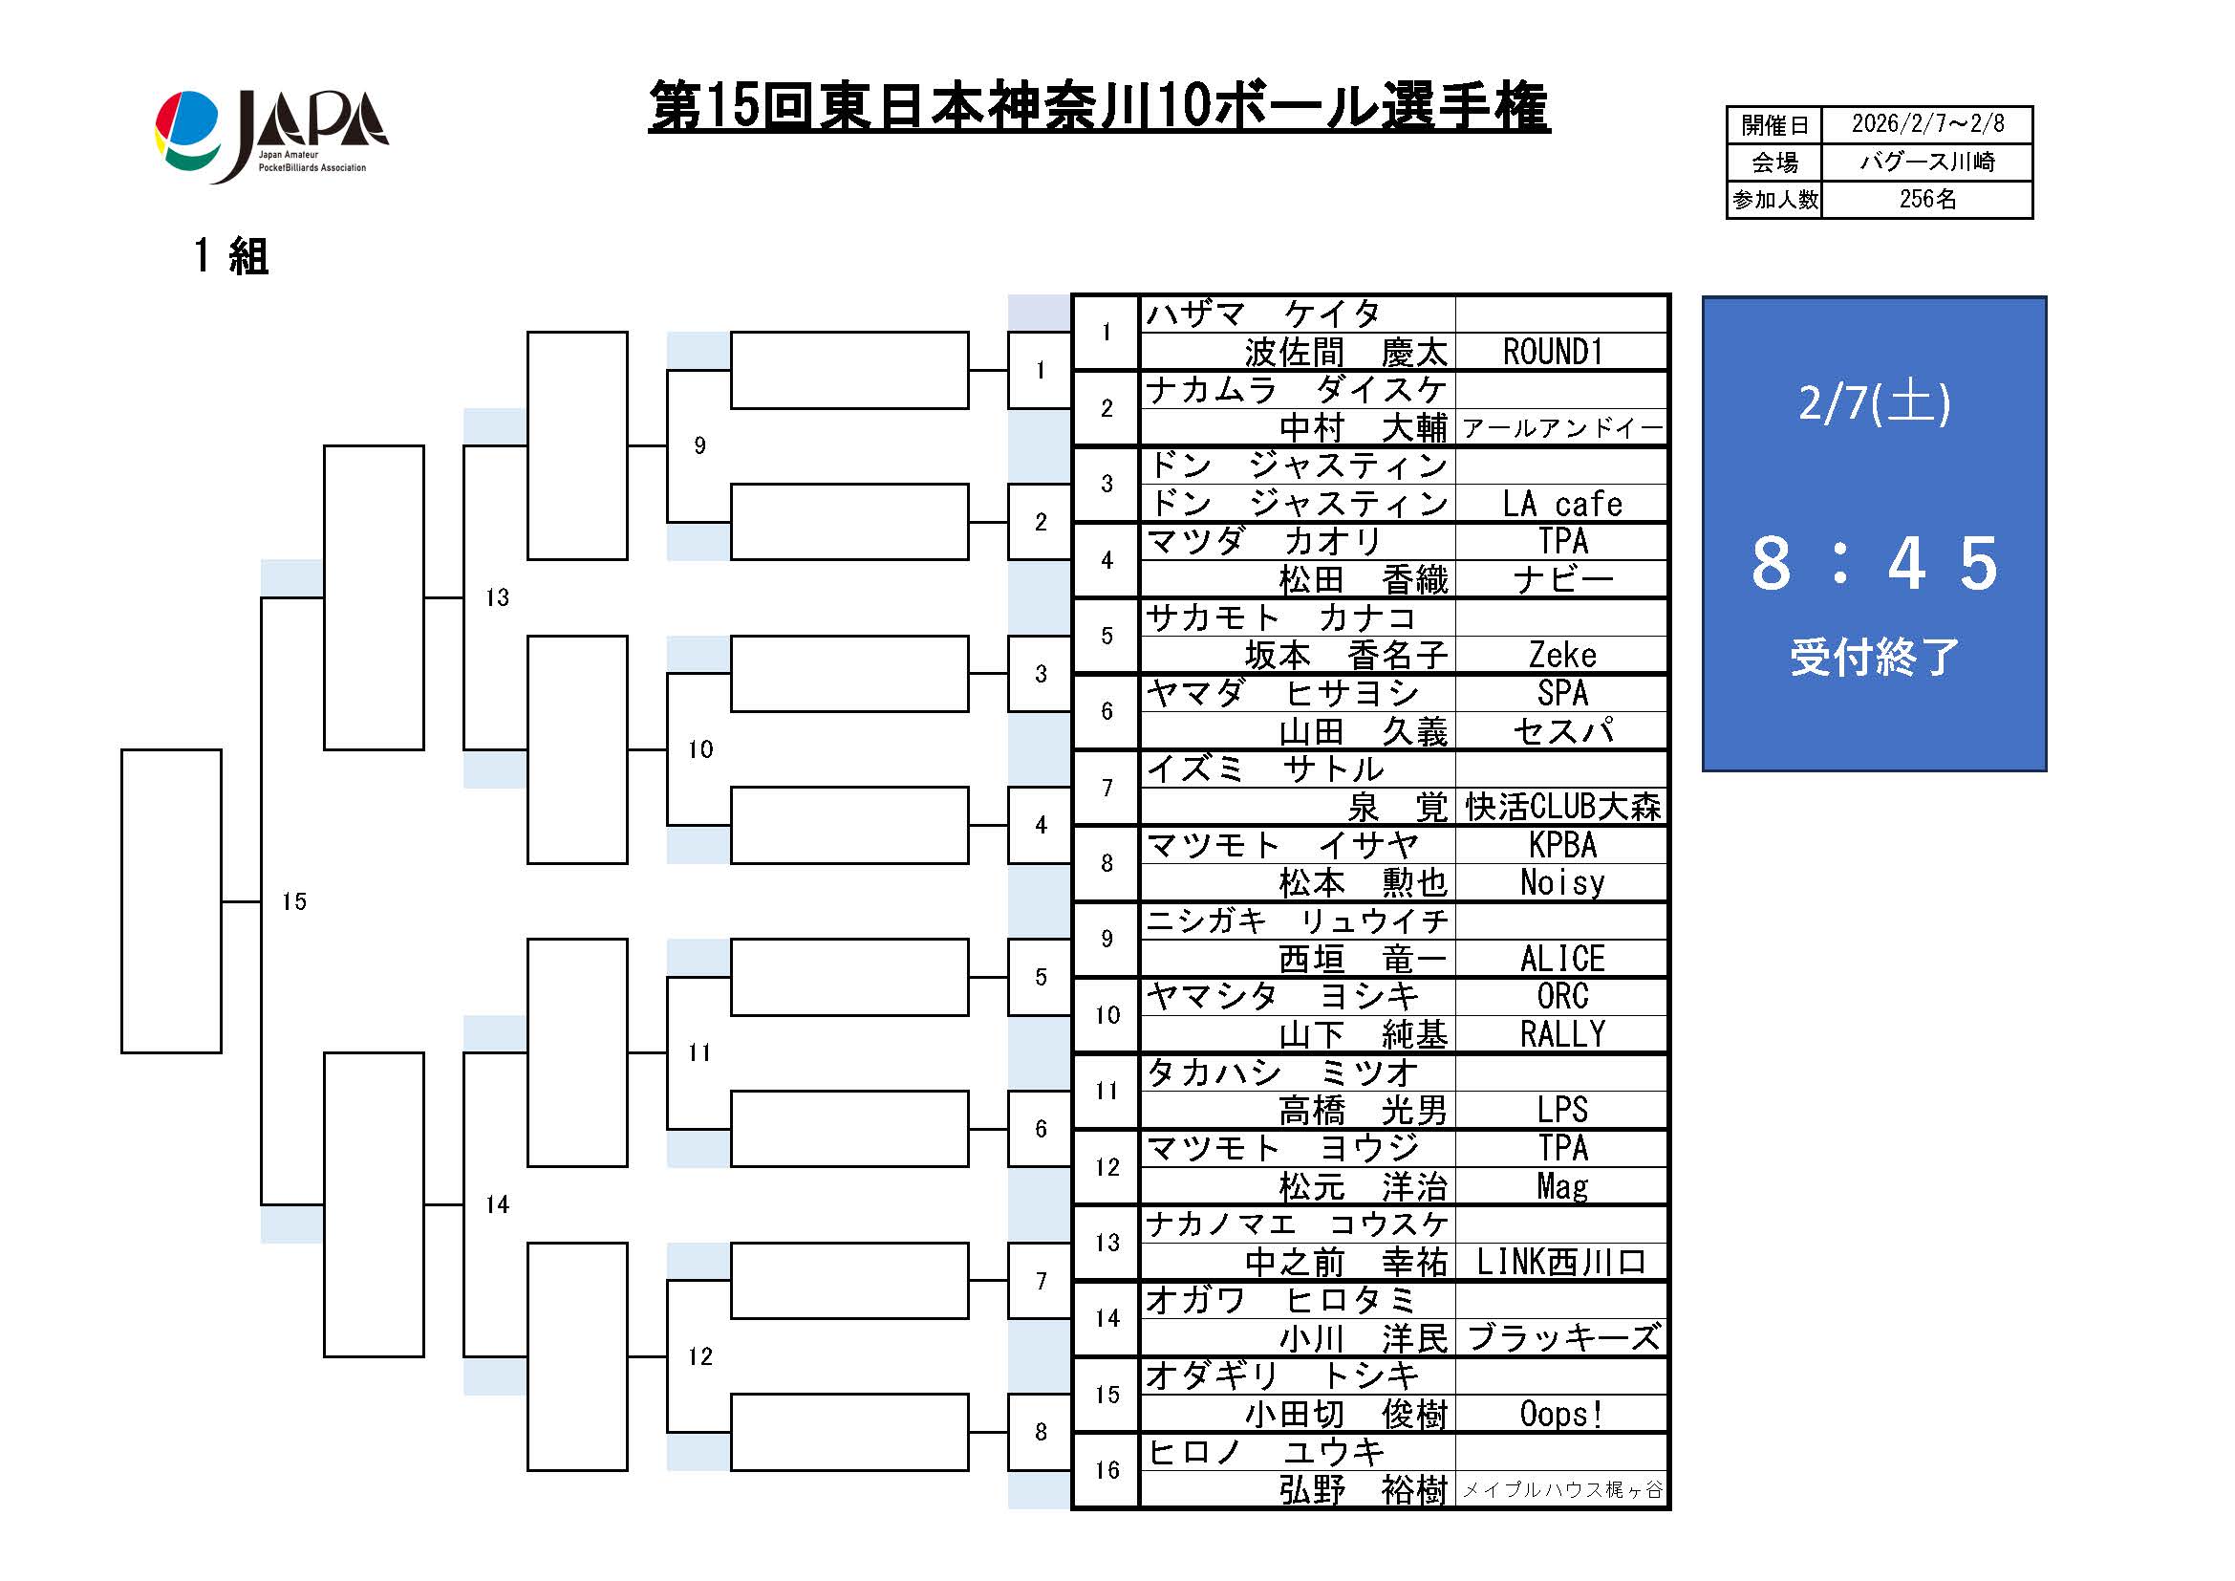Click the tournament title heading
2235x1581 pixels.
1098,107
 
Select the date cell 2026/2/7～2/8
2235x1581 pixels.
1926,124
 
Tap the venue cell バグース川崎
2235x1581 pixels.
1926,162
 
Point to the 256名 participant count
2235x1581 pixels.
1926,200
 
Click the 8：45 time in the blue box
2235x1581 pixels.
1874,564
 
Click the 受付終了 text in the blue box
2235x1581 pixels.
1874,657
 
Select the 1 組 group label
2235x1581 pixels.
230,257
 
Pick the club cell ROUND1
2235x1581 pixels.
1561,353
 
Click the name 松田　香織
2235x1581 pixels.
1363,580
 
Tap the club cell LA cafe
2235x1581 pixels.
1561,505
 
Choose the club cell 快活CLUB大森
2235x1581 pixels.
1561,807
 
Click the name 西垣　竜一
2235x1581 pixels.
1363,960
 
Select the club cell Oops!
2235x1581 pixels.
1561,1415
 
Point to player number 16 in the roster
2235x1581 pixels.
1107,1470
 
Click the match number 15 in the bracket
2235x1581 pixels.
294,902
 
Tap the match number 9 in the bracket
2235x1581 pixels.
698,445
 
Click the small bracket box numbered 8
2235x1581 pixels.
1040,1432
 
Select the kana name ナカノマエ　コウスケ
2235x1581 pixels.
1298,1224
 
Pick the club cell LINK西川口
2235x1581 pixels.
1561,1263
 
